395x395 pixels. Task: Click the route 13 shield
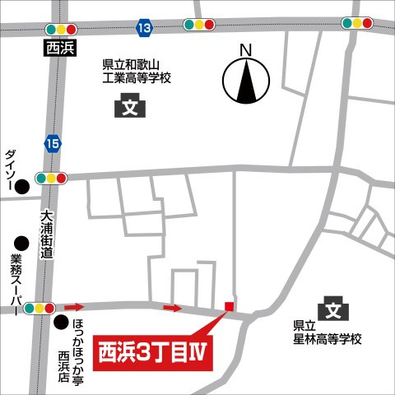click(145, 29)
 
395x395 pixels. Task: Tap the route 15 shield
click(53, 145)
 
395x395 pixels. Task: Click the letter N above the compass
click(244, 50)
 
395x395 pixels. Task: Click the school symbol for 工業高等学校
click(128, 106)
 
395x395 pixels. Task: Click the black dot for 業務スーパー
click(21, 243)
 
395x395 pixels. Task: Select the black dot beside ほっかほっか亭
click(60, 322)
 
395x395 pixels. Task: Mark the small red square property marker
click(230, 307)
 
